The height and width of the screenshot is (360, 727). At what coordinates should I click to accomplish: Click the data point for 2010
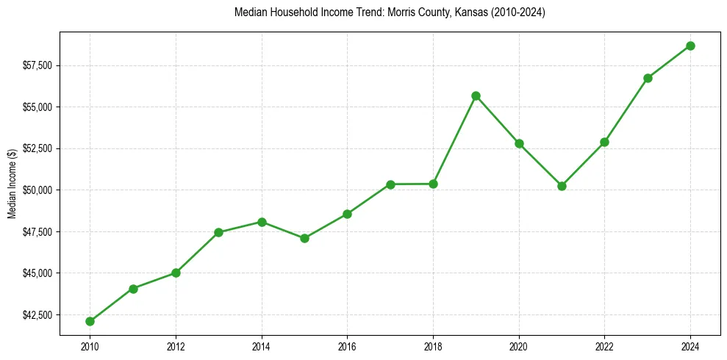(90, 321)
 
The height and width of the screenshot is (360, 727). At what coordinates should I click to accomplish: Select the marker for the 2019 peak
(476, 96)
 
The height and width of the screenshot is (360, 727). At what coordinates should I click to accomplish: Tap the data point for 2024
(690, 46)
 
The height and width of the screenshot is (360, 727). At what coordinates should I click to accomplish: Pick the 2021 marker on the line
(562, 186)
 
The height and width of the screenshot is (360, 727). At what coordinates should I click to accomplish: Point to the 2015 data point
(304, 238)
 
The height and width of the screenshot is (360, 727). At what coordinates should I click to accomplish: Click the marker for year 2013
(218, 232)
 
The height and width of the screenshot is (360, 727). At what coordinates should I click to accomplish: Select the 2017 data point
(390, 184)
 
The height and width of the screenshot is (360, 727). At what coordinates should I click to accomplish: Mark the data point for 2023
(648, 78)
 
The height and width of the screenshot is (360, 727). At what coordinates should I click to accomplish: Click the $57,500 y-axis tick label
(36, 65)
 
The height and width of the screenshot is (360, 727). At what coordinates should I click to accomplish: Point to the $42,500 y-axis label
(36, 315)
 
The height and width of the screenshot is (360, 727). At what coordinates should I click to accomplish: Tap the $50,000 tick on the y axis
(36, 190)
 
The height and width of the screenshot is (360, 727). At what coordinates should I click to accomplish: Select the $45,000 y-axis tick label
(36, 273)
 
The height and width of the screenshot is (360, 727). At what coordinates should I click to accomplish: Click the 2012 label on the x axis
(176, 346)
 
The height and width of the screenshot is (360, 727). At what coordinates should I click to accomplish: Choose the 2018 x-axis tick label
(433, 346)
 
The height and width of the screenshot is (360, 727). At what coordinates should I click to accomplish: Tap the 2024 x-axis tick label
(690, 346)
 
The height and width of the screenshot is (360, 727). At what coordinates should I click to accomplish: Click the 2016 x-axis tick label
(347, 346)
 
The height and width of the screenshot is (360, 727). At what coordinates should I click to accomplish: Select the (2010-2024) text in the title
(513, 12)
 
